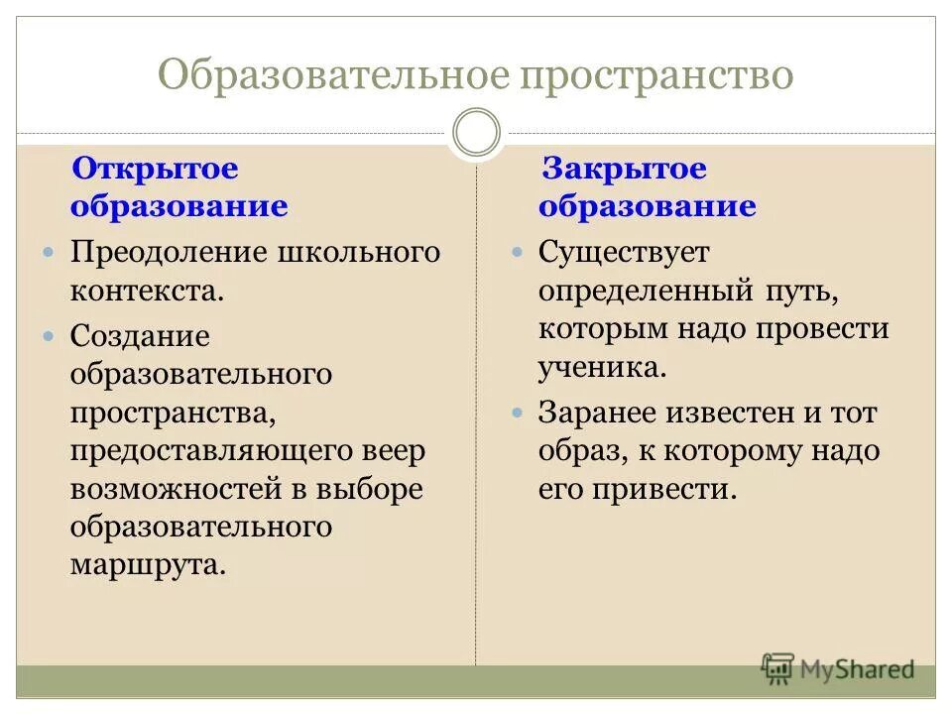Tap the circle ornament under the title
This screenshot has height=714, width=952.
click(x=476, y=132)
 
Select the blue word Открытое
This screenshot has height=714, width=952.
click(x=156, y=168)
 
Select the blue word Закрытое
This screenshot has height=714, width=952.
click(x=623, y=168)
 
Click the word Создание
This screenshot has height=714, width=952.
click(x=140, y=336)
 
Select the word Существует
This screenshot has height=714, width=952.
click(x=624, y=252)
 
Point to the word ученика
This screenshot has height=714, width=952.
click(x=601, y=368)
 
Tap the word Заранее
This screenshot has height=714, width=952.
click(x=599, y=412)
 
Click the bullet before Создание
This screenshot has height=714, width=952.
click(x=49, y=337)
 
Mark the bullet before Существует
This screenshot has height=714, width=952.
click(x=517, y=253)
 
